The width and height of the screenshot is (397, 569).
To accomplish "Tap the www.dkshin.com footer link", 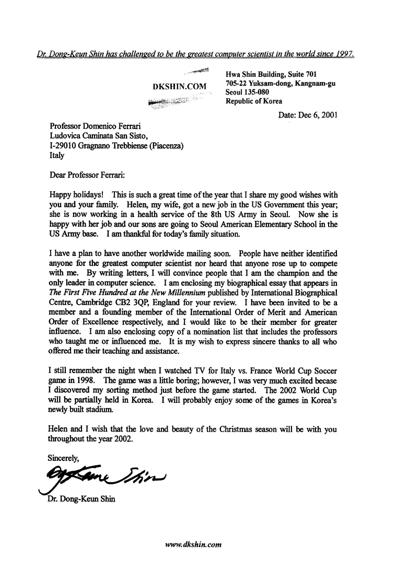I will click(194, 544).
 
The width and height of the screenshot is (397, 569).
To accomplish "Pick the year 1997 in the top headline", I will click(345, 53).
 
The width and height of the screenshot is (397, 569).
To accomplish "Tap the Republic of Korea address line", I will click(254, 102).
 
